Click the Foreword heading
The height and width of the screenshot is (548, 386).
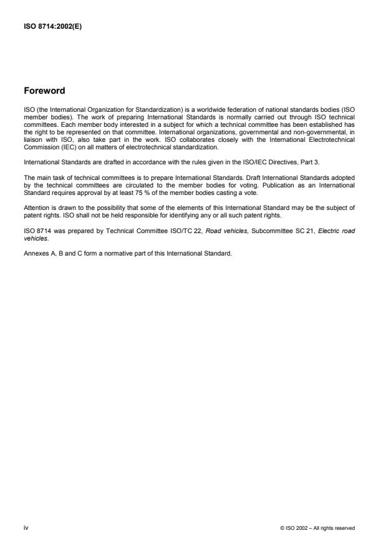coord(44,91)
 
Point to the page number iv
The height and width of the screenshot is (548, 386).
coord(26,528)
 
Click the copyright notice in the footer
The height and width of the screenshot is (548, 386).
coord(319,529)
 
